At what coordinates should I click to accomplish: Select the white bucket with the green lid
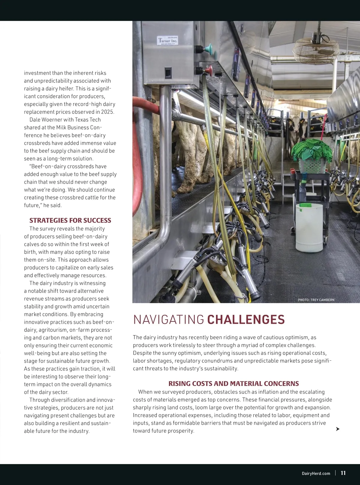309,227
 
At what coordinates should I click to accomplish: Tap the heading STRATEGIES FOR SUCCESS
70,220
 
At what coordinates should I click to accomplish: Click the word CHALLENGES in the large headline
246,320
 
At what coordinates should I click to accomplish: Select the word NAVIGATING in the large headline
169,320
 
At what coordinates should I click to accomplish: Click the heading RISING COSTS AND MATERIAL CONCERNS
233,383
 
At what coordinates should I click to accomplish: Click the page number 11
343,473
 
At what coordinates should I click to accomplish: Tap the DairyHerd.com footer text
316,473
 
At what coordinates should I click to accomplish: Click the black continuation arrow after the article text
337,429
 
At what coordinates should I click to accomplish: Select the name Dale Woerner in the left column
46,120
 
